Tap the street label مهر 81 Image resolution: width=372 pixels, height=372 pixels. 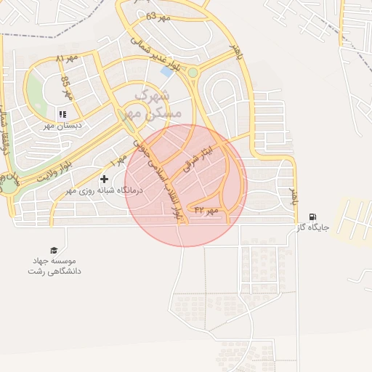click(x=65, y=58)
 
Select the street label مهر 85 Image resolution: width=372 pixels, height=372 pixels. click(x=67, y=87)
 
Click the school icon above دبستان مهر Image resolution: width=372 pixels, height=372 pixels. click(x=62, y=114)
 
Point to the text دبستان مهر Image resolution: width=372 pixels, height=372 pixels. click(x=63, y=125)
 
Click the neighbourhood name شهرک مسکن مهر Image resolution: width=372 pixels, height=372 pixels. click(x=152, y=104)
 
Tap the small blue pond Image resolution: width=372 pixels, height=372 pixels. click(x=167, y=72)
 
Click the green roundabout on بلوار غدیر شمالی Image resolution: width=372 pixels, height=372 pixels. click(x=193, y=72)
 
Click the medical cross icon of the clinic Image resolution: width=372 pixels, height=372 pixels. click(x=104, y=178)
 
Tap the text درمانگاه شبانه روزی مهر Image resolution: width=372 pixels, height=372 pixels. click(x=105, y=190)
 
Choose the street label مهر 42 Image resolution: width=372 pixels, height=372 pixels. click(x=206, y=210)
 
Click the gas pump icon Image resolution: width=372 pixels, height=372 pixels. click(x=312, y=217)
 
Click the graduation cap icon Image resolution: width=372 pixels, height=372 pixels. click(x=52, y=249)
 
